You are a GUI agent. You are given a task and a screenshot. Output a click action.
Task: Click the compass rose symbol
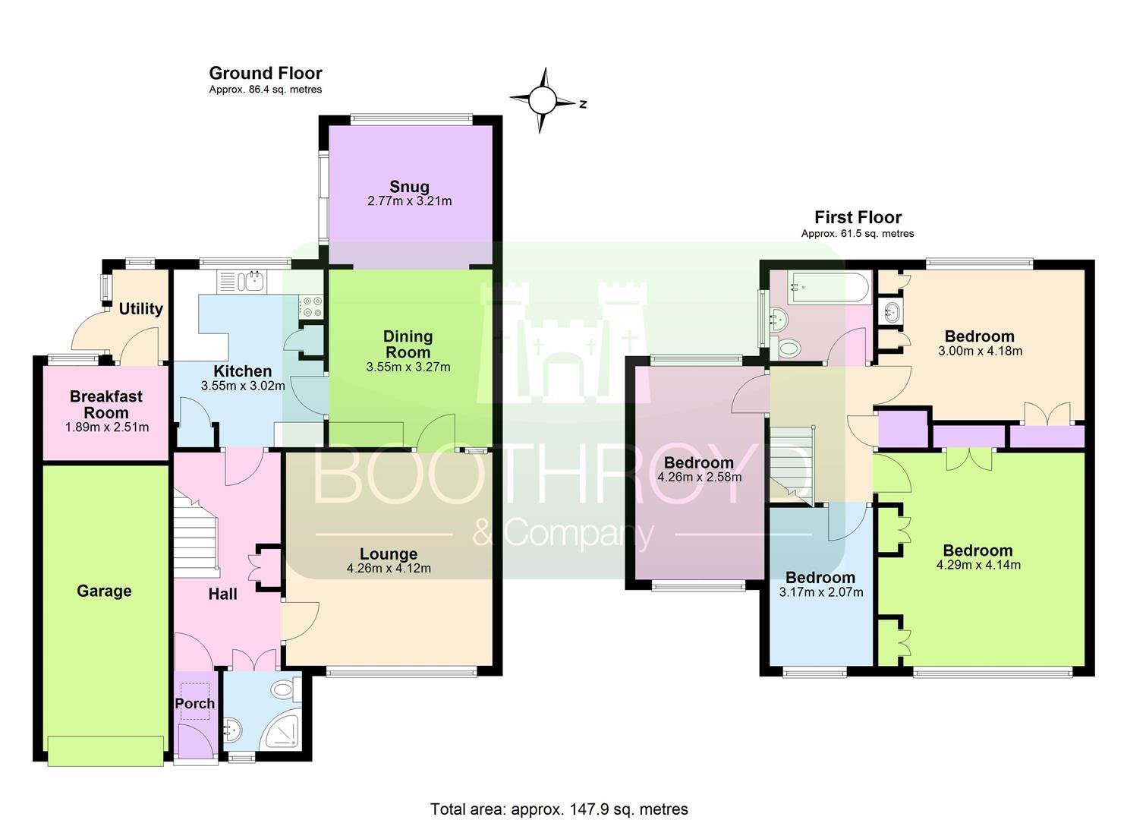click(x=543, y=100)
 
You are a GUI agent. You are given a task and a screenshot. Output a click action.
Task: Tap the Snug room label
click(x=410, y=187)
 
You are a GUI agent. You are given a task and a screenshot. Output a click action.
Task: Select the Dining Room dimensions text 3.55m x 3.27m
click(x=408, y=367)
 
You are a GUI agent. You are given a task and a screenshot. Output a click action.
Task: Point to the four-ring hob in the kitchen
click(x=310, y=307)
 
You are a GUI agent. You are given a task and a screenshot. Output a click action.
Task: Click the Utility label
click(x=141, y=308)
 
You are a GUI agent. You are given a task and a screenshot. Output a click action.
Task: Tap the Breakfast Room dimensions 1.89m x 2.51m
click(x=107, y=427)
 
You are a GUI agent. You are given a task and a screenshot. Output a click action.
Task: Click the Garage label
click(x=104, y=591)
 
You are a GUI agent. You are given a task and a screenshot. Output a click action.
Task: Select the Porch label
click(x=195, y=703)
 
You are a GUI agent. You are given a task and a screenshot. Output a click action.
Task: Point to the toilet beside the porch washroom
click(x=285, y=689)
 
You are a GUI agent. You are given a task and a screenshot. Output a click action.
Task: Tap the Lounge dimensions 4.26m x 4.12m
click(x=389, y=569)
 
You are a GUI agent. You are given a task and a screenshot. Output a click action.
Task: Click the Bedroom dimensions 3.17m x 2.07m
click(x=821, y=592)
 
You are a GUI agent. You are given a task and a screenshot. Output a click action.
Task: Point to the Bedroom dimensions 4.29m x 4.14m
click(x=978, y=565)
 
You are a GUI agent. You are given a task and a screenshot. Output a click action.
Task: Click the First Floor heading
click(x=858, y=217)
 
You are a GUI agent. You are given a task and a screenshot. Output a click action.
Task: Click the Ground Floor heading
click(x=266, y=74)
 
